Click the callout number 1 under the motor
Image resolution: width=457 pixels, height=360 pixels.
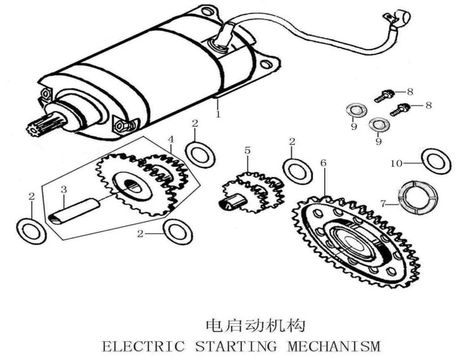click(x=218, y=115)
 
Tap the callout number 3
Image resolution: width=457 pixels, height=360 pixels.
click(x=64, y=190)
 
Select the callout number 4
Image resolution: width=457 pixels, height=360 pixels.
click(x=170, y=139)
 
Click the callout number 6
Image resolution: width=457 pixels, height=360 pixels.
click(x=324, y=163)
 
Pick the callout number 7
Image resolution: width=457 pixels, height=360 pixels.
click(x=383, y=204)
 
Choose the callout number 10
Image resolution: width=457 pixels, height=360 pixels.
click(x=396, y=163)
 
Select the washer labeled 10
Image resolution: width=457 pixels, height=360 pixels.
click(x=436, y=160)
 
